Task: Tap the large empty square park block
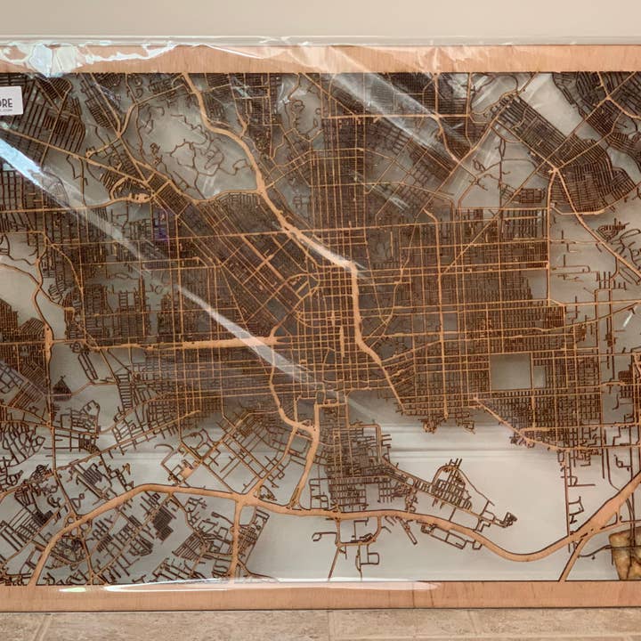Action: (x=510, y=372)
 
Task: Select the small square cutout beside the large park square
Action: (x=539, y=376)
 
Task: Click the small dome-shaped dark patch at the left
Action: (x=61, y=387)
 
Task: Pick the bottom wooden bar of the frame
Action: (x=320, y=596)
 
